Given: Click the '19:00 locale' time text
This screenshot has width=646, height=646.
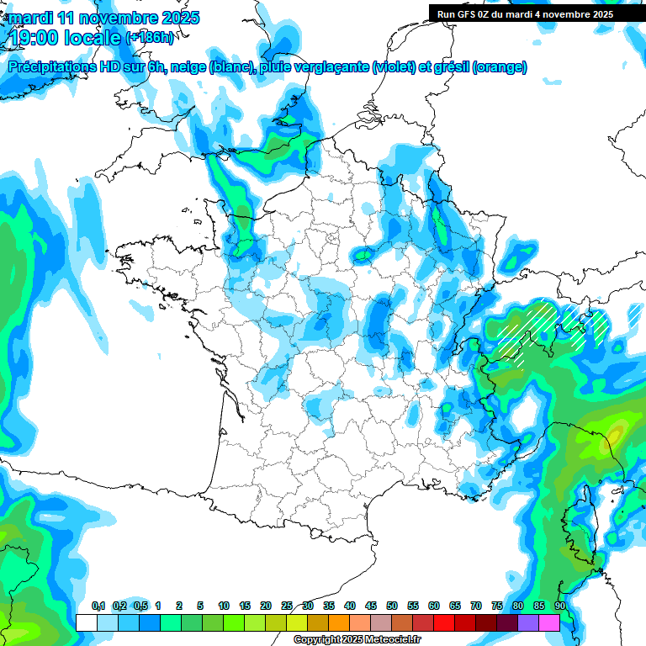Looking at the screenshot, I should (63, 37).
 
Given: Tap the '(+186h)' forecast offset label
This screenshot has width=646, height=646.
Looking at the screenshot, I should (150, 37).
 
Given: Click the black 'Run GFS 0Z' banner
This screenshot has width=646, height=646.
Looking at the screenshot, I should (525, 14).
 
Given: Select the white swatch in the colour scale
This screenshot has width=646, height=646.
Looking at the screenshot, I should (87, 622).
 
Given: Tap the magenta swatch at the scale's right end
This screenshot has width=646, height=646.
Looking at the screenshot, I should (549, 622).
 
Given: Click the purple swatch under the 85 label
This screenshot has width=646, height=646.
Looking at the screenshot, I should (528, 622).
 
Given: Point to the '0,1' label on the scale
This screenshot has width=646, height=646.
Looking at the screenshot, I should (98, 606).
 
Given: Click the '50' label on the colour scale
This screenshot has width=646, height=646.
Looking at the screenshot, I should (392, 606).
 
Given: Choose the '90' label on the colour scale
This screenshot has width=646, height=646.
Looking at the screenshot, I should (560, 606).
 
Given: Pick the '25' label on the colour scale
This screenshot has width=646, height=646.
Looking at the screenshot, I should (287, 606).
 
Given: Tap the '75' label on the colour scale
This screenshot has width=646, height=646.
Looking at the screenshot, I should (497, 606).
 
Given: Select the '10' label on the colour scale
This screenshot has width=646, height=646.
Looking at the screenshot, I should (224, 606).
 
